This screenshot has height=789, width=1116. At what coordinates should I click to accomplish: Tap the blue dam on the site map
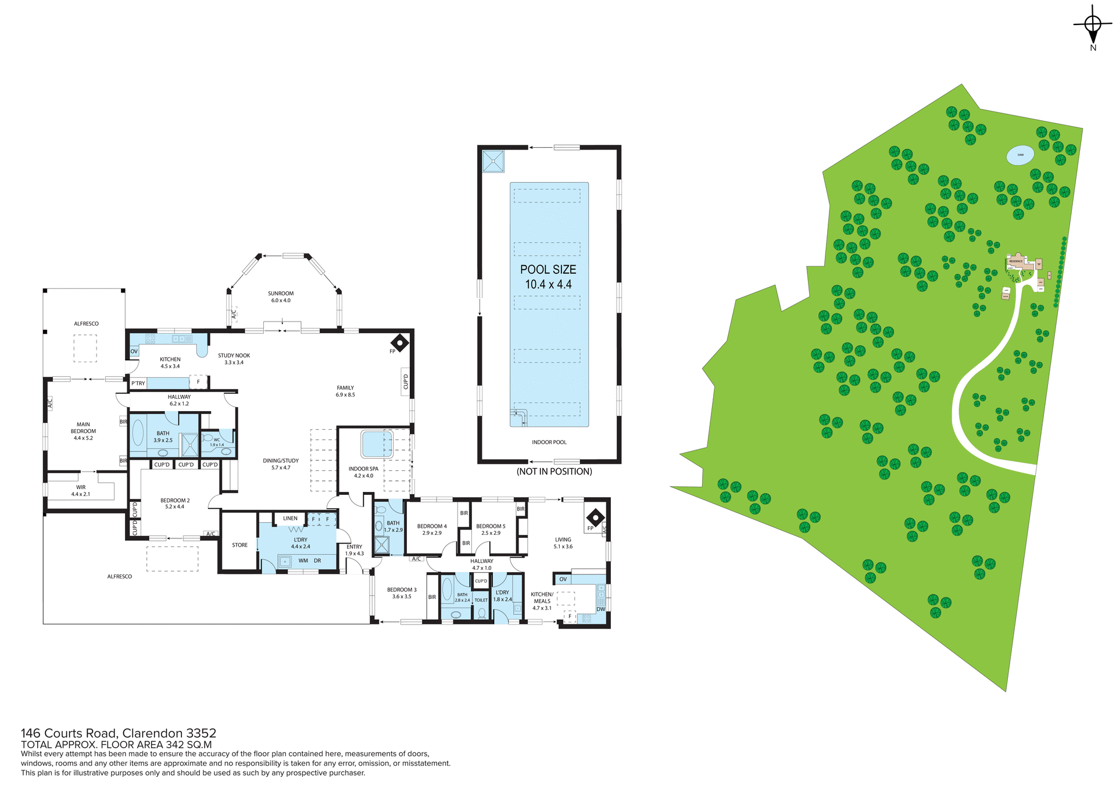pyautogui.click(x=1020, y=155)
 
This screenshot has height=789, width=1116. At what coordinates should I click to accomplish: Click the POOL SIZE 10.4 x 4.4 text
pyautogui.click(x=548, y=277)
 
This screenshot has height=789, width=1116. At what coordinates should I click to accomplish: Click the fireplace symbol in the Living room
pyautogui.click(x=595, y=517)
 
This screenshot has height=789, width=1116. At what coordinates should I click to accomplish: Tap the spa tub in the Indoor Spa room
pyautogui.click(x=376, y=444)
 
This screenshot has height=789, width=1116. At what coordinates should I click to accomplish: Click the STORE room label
pyautogui.click(x=239, y=545)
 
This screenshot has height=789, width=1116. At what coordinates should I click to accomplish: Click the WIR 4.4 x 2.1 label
pyautogui.click(x=80, y=491)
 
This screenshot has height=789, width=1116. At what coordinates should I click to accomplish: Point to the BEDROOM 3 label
pyautogui.click(x=402, y=592)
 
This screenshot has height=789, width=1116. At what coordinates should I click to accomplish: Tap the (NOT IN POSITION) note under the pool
pyautogui.click(x=554, y=472)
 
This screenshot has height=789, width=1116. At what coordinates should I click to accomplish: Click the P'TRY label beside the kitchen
pyautogui.click(x=138, y=383)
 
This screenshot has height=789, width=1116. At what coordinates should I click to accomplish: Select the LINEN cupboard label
pyautogui.click(x=290, y=518)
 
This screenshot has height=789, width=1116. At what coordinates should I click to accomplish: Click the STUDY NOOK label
pyautogui.click(x=234, y=358)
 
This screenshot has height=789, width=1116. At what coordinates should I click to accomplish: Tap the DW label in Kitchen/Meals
pyautogui.click(x=600, y=609)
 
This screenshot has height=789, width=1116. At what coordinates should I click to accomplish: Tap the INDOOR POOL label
pyautogui.click(x=549, y=442)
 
